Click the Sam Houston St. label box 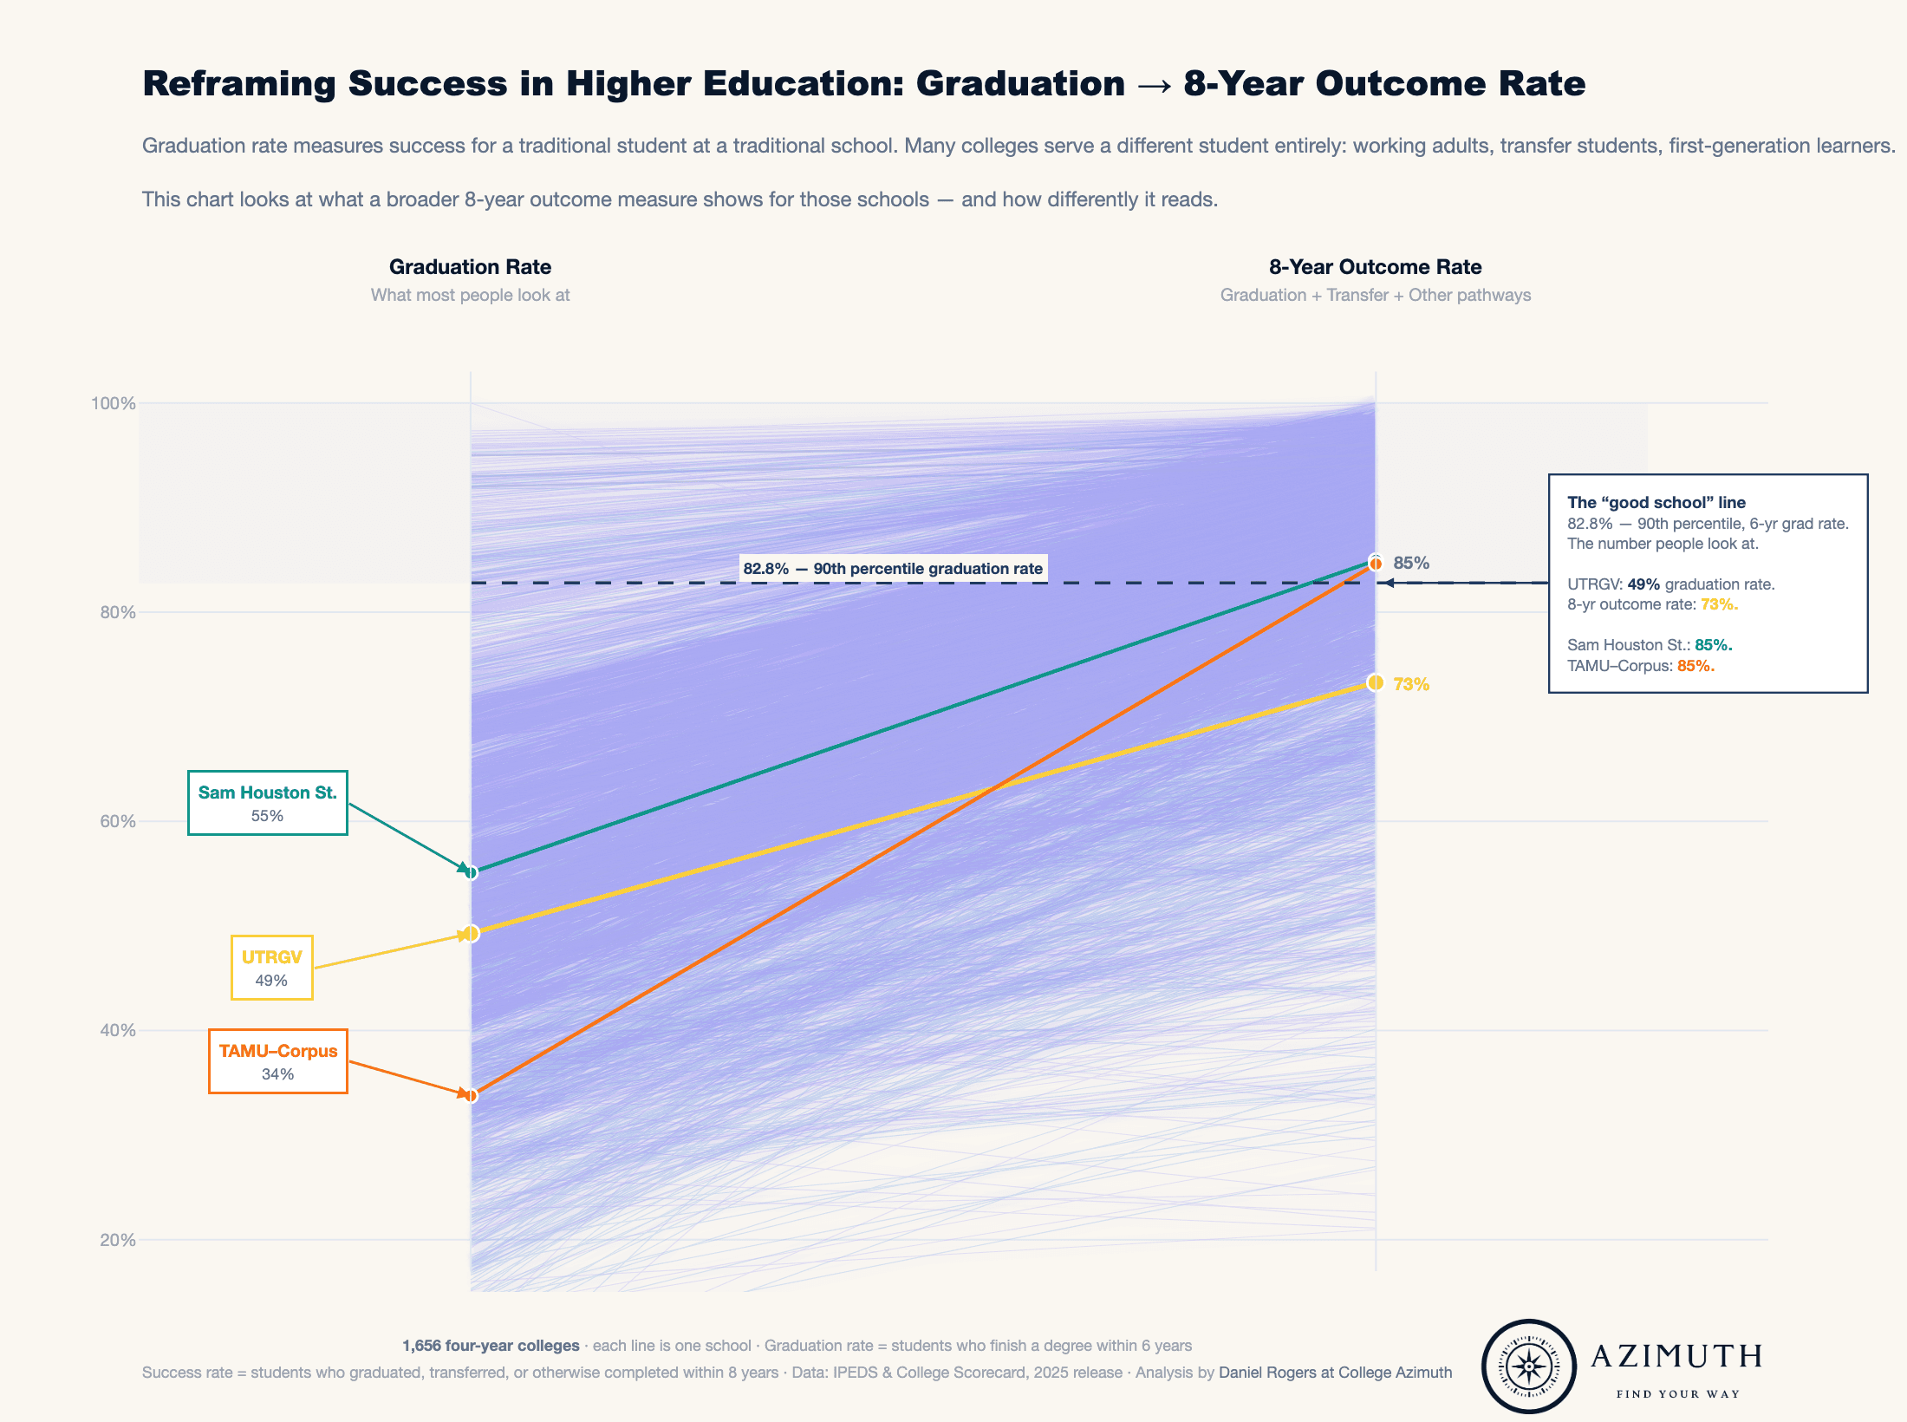pos(267,803)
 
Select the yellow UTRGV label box pos(271,968)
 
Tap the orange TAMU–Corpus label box pos(277,1061)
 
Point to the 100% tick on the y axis pos(114,403)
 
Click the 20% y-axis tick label pos(117,1240)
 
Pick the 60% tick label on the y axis pos(117,821)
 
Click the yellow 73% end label pos(1411,684)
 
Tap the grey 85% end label pos(1411,563)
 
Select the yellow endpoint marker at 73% pos(1375,683)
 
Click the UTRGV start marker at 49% pos(471,934)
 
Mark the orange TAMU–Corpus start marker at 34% pos(471,1096)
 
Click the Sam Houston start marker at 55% pos(471,872)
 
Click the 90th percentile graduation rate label pos(893,569)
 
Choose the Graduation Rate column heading pos(470,267)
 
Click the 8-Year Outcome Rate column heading pos(1375,267)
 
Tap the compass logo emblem pos(1529,1367)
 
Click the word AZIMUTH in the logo pos(1676,1356)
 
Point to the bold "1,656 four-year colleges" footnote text pos(491,1346)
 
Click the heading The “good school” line pos(1656,502)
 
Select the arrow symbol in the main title pos(1154,84)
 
